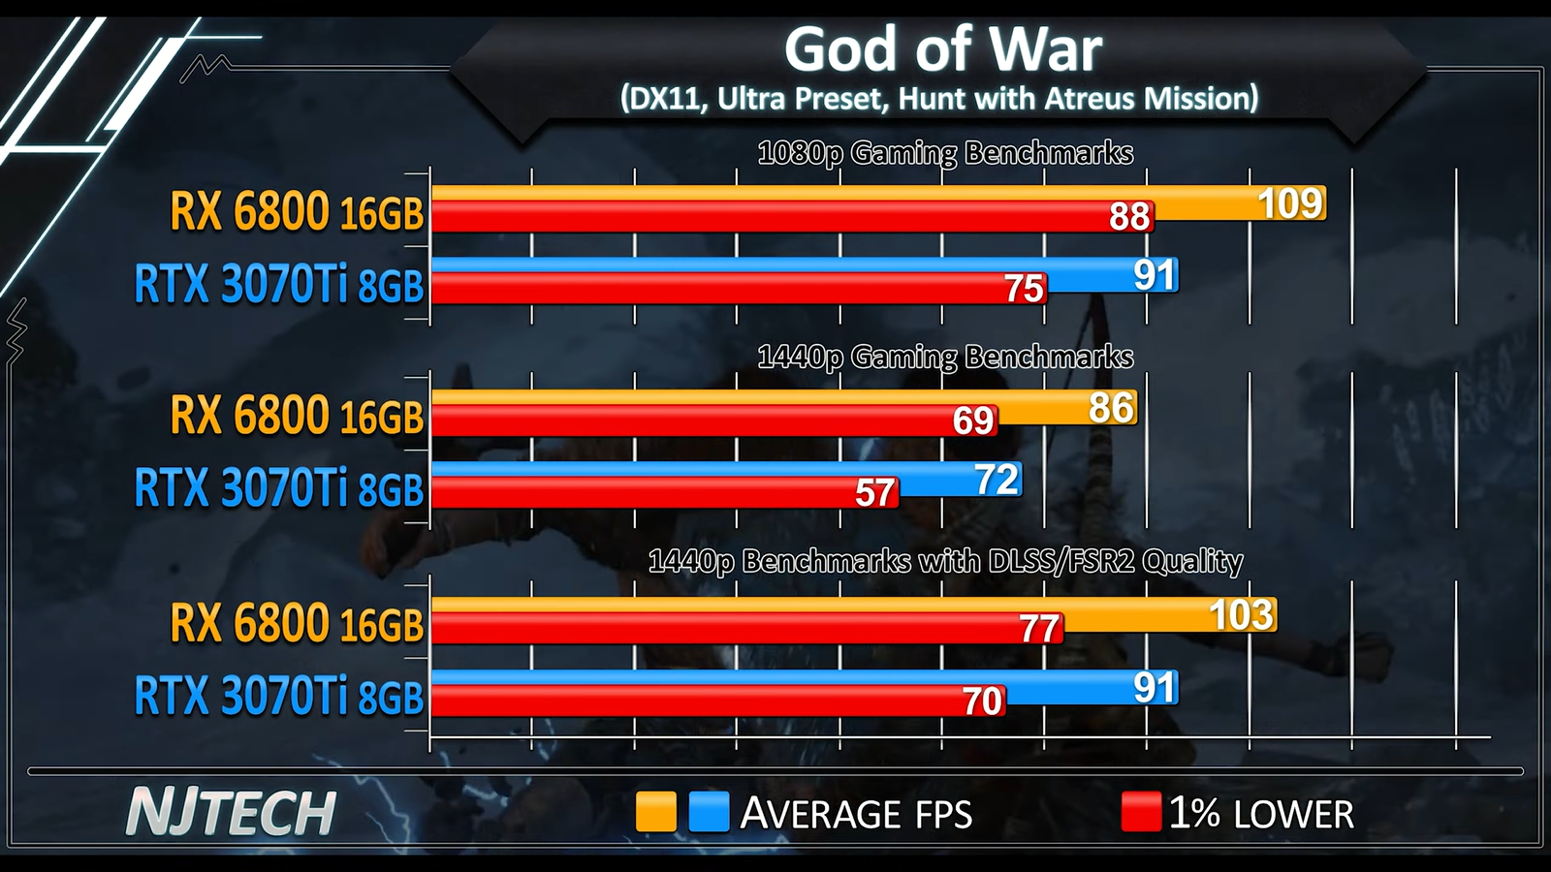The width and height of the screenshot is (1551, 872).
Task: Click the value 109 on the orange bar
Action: click(x=1290, y=203)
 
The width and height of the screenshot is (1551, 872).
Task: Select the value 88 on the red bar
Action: click(x=1129, y=217)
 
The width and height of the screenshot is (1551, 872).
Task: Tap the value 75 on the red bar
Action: click(x=1024, y=289)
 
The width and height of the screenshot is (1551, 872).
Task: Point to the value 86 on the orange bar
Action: click(x=1111, y=408)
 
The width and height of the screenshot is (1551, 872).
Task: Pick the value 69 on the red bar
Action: click(x=973, y=421)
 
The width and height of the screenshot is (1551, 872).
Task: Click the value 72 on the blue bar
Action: click(x=997, y=480)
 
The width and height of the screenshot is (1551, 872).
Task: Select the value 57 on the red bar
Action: click(x=874, y=494)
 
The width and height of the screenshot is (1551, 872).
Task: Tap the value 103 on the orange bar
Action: click(x=1242, y=615)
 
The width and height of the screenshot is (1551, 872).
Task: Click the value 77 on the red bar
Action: click(x=1039, y=630)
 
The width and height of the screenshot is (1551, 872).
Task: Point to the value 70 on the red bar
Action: click(x=982, y=701)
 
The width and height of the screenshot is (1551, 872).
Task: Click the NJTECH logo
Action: click(x=231, y=812)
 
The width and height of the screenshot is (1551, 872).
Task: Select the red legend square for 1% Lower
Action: click(x=1141, y=812)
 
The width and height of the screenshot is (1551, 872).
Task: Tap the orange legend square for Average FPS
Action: click(x=655, y=812)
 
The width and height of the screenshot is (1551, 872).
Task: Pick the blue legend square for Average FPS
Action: click(x=709, y=812)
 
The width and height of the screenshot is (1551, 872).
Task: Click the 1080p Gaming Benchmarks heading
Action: click(x=945, y=153)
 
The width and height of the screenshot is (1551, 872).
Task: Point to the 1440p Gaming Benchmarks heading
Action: click(x=945, y=358)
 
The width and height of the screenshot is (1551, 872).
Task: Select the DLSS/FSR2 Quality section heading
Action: click(x=945, y=562)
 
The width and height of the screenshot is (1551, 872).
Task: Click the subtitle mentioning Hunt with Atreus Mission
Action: click(x=938, y=98)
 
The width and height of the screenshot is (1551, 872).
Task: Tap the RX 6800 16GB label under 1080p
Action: click(x=297, y=211)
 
